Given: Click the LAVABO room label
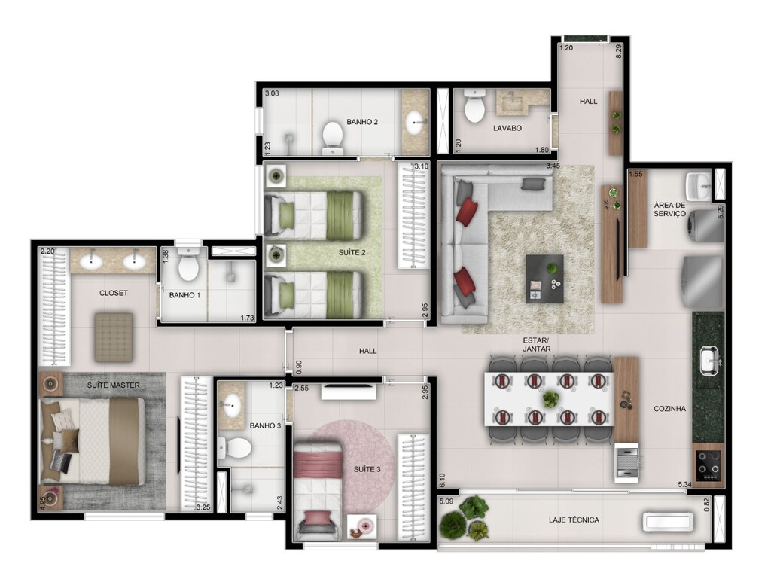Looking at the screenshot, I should (x=507, y=128).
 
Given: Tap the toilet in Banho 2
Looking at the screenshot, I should (x=332, y=136).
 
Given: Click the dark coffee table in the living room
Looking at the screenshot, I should (x=544, y=279).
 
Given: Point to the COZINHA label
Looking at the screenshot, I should (x=670, y=409).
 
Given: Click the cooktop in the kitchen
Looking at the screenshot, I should (x=708, y=465).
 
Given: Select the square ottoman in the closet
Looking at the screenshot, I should (x=114, y=336).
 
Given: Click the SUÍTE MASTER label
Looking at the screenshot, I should (x=113, y=385).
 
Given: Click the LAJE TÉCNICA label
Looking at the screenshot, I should (x=574, y=520).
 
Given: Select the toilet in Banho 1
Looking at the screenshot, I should (x=187, y=267).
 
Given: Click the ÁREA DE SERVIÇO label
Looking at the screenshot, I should (x=670, y=209).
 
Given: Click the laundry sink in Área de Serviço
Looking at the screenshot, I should (x=698, y=184).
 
